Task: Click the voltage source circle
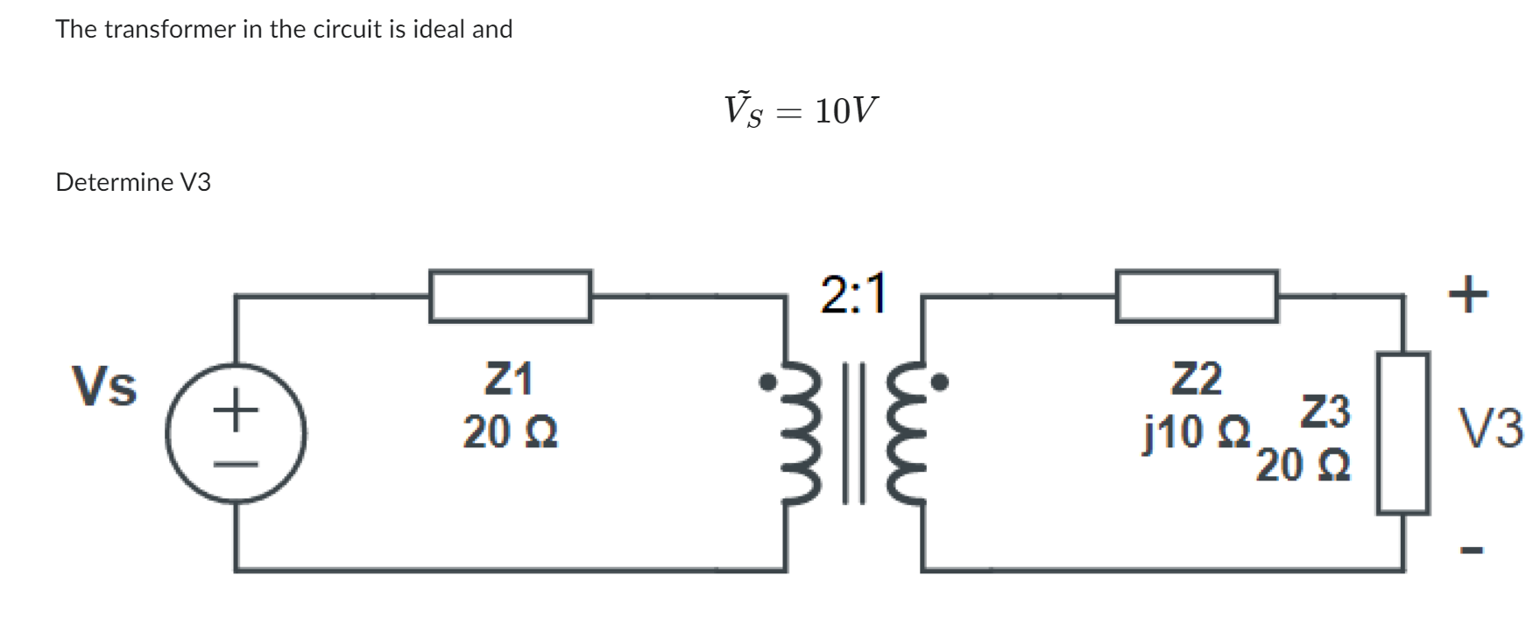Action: [x=236, y=434]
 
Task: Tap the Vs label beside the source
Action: [x=104, y=386]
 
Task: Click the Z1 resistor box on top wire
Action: [x=510, y=297]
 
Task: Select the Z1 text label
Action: [x=509, y=379]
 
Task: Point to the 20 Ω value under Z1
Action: [x=510, y=432]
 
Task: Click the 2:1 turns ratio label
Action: [x=853, y=293]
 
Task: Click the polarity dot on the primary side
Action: [x=767, y=383]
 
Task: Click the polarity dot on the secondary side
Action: [x=940, y=383]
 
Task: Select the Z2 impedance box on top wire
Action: [x=1196, y=297]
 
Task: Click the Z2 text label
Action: [x=1197, y=379]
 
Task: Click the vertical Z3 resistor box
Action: [x=1402, y=432]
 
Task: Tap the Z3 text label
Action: [x=1325, y=412]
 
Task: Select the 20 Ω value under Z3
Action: [x=1303, y=466]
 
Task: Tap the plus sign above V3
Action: [x=1467, y=294]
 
